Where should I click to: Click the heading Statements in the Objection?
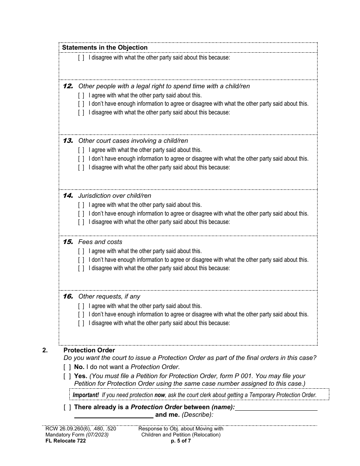click(x=105, y=47)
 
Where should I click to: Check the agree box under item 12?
click(x=81, y=95)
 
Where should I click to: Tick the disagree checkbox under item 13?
click(x=81, y=167)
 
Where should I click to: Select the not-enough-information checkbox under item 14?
click(x=81, y=214)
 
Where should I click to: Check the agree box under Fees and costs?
click(x=81, y=251)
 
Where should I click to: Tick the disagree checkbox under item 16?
click(x=81, y=323)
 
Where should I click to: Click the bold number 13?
click(x=68, y=141)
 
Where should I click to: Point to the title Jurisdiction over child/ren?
click(x=114, y=195)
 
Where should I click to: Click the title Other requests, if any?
click(x=109, y=296)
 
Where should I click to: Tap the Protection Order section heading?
click(x=89, y=350)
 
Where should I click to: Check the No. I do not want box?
click(x=67, y=367)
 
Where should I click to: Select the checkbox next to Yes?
click(x=67, y=376)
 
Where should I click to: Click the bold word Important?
click(x=86, y=395)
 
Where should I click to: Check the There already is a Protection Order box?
click(x=67, y=407)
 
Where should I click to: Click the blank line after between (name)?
click(x=276, y=408)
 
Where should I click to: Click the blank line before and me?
click(x=114, y=416)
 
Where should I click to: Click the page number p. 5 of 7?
click(x=181, y=441)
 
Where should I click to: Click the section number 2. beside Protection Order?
click(x=45, y=350)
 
